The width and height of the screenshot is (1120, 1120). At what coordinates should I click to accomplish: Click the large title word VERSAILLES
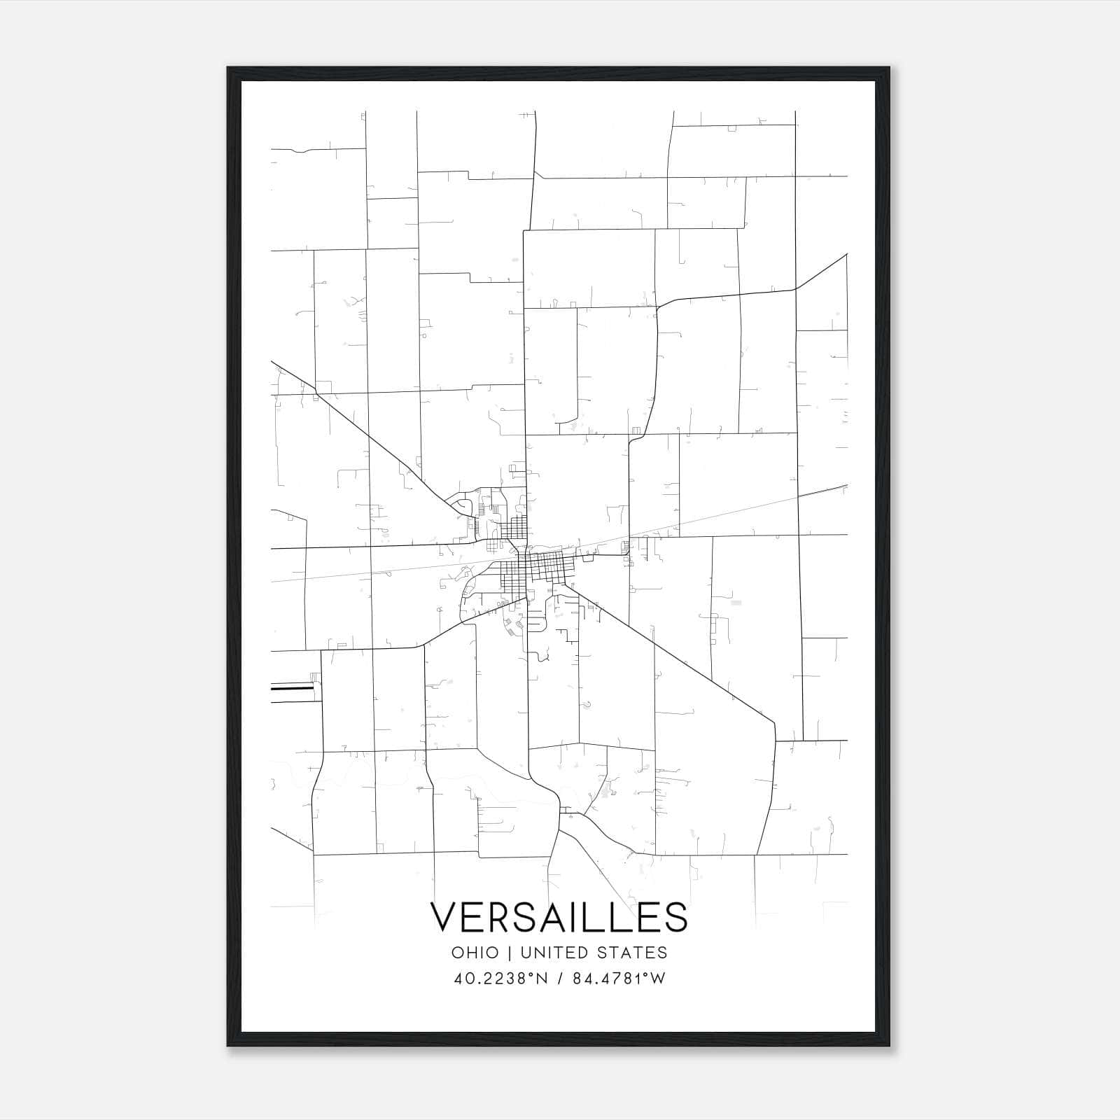pyautogui.click(x=559, y=917)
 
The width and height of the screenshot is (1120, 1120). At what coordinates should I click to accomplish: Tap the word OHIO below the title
pyautogui.click(x=475, y=953)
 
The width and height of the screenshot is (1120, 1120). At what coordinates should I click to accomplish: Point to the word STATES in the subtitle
pyautogui.click(x=633, y=953)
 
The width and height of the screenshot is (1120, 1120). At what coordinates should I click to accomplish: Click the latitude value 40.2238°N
pyautogui.click(x=500, y=979)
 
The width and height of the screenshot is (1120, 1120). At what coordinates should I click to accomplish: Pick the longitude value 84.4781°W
pyautogui.click(x=619, y=979)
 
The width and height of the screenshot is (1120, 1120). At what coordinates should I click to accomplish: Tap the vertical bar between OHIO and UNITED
pyautogui.click(x=509, y=953)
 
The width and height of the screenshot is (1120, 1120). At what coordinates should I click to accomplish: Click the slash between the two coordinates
pyautogui.click(x=559, y=979)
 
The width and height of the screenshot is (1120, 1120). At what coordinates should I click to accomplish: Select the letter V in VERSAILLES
pyautogui.click(x=444, y=917)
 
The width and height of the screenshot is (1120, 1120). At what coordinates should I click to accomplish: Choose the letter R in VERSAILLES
pyautogui.click(x=502, y=917)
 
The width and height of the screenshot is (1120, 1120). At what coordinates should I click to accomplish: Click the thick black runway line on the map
pyautogui.click(x=292, y=689)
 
